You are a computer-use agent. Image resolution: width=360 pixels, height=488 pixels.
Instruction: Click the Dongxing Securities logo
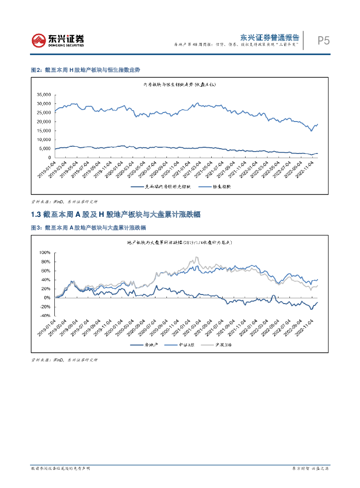click(57, 40)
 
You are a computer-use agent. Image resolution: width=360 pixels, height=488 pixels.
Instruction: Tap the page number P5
click(323, 41)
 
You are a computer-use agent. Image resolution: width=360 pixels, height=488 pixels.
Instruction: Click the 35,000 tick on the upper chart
click(43, 94)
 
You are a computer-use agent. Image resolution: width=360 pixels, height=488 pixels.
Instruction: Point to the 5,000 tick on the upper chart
click(45, 149)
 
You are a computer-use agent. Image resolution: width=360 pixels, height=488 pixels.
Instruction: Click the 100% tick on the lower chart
click(44, 252)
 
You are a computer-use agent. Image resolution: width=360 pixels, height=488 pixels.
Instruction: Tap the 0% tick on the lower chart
click(47, 297)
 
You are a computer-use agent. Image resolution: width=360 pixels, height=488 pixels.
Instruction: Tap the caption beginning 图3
click(88, 228)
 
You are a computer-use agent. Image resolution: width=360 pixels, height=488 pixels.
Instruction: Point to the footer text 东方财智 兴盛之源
click(310, 468)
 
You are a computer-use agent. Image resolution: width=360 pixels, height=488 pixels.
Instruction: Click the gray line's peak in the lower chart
click(196, 258)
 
